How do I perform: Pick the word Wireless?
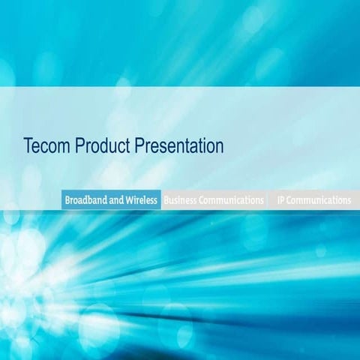coord(142,200)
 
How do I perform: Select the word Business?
coord(181,200)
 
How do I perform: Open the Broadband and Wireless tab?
coord(111,200)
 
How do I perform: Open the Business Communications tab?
coord(214,200)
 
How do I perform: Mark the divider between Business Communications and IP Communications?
coord(268,200)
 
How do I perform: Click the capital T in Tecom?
coord(28,145)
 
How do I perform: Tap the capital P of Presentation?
coord(139,145)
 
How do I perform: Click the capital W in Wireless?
coord(130,200)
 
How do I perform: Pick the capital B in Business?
coord(166,200)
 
